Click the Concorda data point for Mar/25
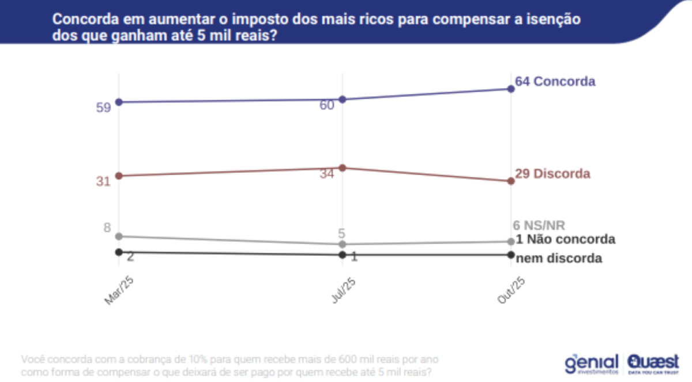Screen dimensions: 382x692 click(119, 102)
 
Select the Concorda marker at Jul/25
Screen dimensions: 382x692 click(342, 99)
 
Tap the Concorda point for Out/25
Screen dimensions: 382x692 click(511, 88)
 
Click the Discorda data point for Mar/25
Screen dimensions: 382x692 click(119, 176)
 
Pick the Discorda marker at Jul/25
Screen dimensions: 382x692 click(342, 168)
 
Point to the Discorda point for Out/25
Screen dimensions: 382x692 click(511, 181)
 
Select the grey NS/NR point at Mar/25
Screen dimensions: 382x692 click(119, 236)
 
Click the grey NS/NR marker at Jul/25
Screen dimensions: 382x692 click(342, 244)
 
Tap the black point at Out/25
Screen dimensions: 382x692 click(511, 255)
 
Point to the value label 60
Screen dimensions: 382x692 click(327, 105)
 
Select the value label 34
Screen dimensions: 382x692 click(327, 173)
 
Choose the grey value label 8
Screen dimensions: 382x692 click(107, 228)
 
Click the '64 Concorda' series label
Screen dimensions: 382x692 click(555, 81)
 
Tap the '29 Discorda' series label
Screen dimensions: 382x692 click(552, 173)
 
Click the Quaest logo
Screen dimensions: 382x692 click(653, 362)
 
